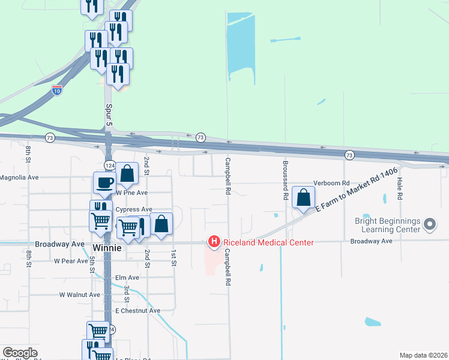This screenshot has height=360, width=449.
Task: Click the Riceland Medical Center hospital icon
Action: (x=213, y=242)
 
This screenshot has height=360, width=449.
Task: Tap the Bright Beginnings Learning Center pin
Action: (x=429, y=224)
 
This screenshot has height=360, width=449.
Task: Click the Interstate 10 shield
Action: (x=57, y=90)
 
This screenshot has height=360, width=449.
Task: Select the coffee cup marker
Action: (x=105, y=182)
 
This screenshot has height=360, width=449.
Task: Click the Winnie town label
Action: (x=108, y=247)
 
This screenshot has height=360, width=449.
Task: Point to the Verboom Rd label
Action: (x=331, y=183)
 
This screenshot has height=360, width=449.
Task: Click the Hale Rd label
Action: (x=399, y=187)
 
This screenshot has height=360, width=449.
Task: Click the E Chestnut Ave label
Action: (x=137, y=311)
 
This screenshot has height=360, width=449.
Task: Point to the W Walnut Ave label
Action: (x=79, y=295)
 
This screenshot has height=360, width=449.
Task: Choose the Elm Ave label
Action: (x=127, y=278)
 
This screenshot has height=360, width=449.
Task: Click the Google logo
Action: (x=20, y=353)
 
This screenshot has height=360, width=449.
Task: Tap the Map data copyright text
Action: (x=423, y=355)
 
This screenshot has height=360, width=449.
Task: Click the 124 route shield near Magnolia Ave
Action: (x=110, y=165)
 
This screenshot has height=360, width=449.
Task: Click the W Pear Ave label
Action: (x=71, y=261)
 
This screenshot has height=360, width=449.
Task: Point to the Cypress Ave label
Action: (x=134, y=209)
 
